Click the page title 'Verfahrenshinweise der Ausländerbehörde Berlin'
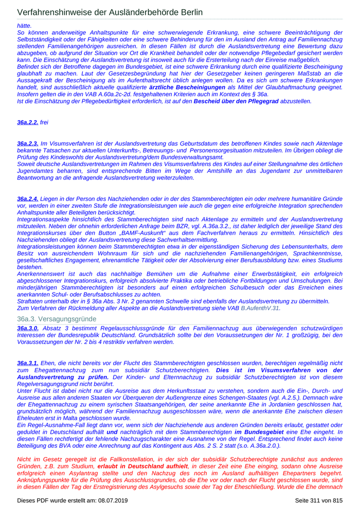pos(110,12)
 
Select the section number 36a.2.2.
pos(27,122)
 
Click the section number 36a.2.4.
pos(27,198)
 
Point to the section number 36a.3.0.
pos(27,328)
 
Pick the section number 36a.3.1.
pos(27,363)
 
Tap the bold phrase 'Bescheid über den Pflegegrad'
pos(236,102)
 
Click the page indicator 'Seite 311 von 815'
pos(318,500)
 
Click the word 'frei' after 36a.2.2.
pos(44,122)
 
